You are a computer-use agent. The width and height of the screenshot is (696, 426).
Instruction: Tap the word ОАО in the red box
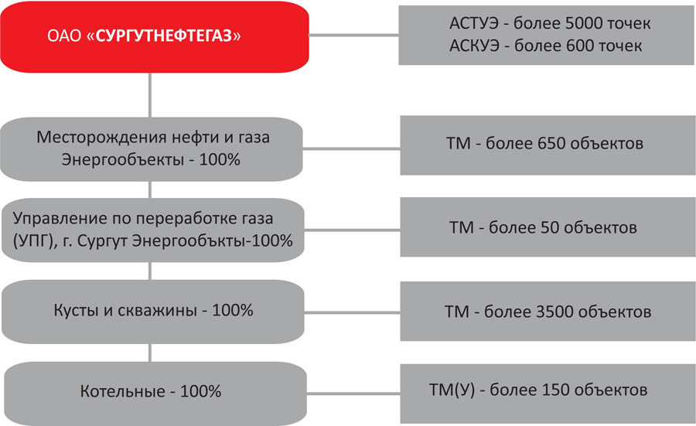[64, 36]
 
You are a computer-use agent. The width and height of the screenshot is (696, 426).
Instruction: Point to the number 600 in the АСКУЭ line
[578, 46]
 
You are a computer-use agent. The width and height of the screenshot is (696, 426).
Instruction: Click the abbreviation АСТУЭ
[474, 23]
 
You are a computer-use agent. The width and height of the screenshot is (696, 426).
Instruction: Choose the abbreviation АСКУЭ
[475, 46]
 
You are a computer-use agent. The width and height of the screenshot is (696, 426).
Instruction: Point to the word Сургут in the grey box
[103, 241]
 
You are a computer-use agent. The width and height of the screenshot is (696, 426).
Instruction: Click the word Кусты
[77, 310]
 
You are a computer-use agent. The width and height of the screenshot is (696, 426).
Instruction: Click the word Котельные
[122, 391]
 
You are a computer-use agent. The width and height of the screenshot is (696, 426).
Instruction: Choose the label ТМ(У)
[452, 390]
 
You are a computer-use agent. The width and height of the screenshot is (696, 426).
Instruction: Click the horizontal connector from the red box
[353, 35]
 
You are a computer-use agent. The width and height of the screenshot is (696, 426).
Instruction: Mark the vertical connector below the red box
[149, 95]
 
